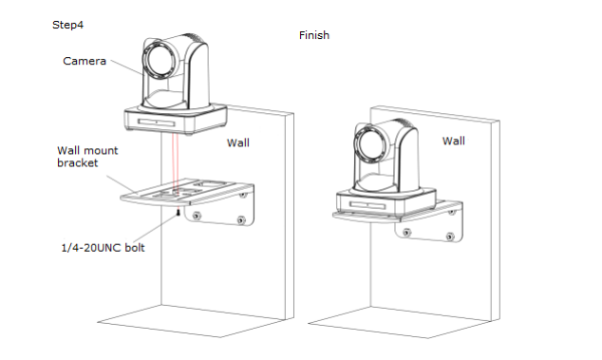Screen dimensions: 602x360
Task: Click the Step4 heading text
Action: [x=67, y=25]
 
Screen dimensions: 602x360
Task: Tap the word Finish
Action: [x=314, y=35]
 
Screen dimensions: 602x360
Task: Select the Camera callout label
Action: [x=85, y=61]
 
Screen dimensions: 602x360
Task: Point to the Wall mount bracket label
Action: [x=87, y=157]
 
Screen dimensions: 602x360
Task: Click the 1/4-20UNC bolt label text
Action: [x=103, y=248]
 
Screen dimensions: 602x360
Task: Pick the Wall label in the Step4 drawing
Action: [x=238, y=142]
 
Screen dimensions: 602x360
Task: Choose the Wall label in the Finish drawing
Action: [x=454, y=141]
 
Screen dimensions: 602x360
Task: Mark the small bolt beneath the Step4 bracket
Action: [x=179, y=212]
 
